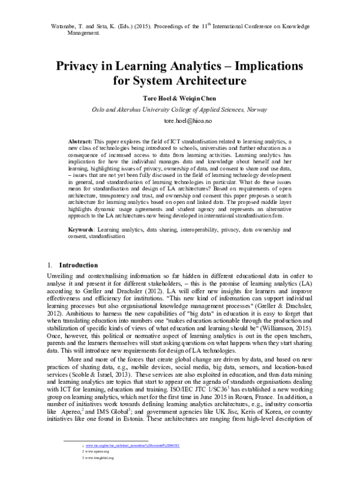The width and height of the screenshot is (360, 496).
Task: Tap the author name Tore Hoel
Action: pyautogui.click(x=153, y=98)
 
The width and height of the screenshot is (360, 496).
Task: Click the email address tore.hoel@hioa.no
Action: pyautogui.click(x=179, y=121)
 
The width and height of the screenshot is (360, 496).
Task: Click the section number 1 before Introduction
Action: pyautogui.click(x=48, y=264)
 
